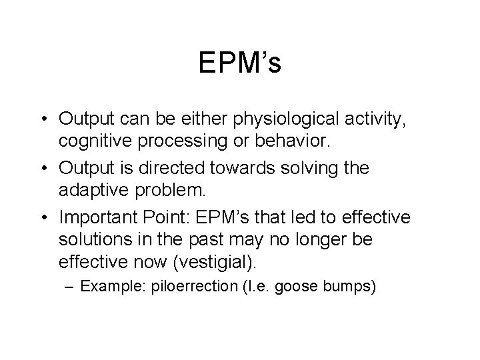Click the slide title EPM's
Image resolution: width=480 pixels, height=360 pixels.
239,64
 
